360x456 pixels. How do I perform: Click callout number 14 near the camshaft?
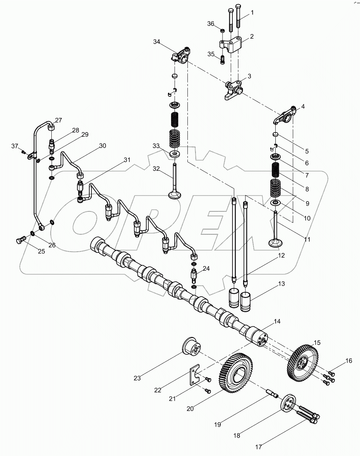[x=277, y=322]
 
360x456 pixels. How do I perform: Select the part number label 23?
[x=137, y=378]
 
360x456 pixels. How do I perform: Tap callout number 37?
[x=14, y=146]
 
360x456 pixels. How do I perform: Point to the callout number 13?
[x=281, y=284]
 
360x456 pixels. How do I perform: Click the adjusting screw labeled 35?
[x=222, y=59]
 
